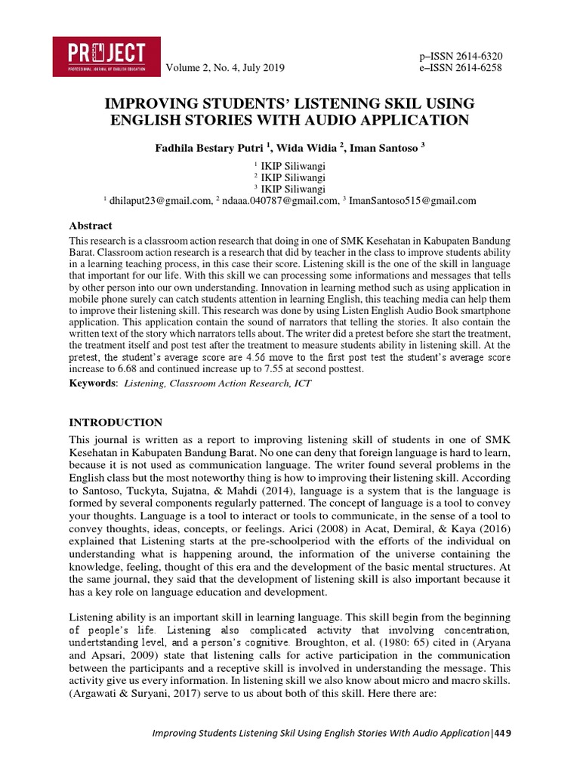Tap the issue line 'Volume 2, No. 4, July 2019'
point(224,69)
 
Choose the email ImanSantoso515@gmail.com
point(412,201)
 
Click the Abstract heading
point(91,226)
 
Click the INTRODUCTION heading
point(116,422)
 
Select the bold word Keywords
point(92,383)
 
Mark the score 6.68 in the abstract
point(125,369)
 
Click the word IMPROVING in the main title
point(145,103)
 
